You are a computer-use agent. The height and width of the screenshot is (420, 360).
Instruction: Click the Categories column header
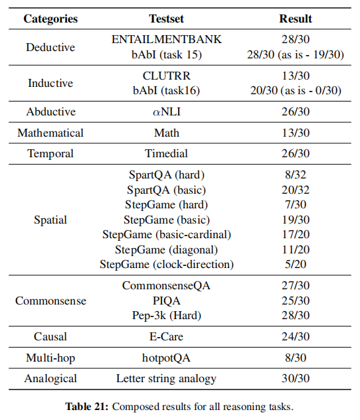click(x=50, y=19)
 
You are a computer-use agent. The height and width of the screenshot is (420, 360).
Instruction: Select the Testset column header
click(x=166, y=19)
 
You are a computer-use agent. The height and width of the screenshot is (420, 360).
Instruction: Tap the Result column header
click(x=296, y=19)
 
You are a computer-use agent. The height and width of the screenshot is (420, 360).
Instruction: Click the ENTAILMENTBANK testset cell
click(x=166, y=40)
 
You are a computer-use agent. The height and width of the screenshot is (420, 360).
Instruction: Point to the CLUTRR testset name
click(x=166, y=76)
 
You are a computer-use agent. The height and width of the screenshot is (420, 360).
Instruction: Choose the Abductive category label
click(x=50, y=111)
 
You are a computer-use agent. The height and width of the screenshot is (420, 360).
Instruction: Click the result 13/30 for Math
click(x=296, y=133)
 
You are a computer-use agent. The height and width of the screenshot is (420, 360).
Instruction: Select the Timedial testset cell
click(x=166, y=153)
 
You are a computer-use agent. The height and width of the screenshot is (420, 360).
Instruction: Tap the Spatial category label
click(x=50, y=219)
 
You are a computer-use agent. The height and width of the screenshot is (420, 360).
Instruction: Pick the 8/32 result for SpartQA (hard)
click(x=296, y=175)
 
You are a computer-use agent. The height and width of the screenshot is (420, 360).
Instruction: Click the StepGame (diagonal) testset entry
click(x=166, y=249)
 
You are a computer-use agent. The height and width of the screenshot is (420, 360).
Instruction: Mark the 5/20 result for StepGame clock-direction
click(x=296, y=264)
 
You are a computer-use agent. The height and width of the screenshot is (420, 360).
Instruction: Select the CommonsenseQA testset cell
click(x=166, y=286)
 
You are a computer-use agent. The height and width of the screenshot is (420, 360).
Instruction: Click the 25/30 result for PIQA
click(x=296, y=301)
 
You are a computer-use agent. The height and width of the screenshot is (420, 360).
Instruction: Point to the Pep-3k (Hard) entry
click(x=166, y=315)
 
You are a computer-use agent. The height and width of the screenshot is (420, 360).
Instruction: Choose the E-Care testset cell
click(x=166, y=336)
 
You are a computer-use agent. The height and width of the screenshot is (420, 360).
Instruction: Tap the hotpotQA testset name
click(x=166, y=358)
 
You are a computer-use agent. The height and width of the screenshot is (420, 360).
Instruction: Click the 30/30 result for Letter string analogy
click(x=296, y=379)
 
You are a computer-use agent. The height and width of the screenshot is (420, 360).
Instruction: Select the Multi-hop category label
click(x=50, y=358)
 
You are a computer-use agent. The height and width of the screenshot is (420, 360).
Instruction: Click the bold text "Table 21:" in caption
click(x=84, y=405)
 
